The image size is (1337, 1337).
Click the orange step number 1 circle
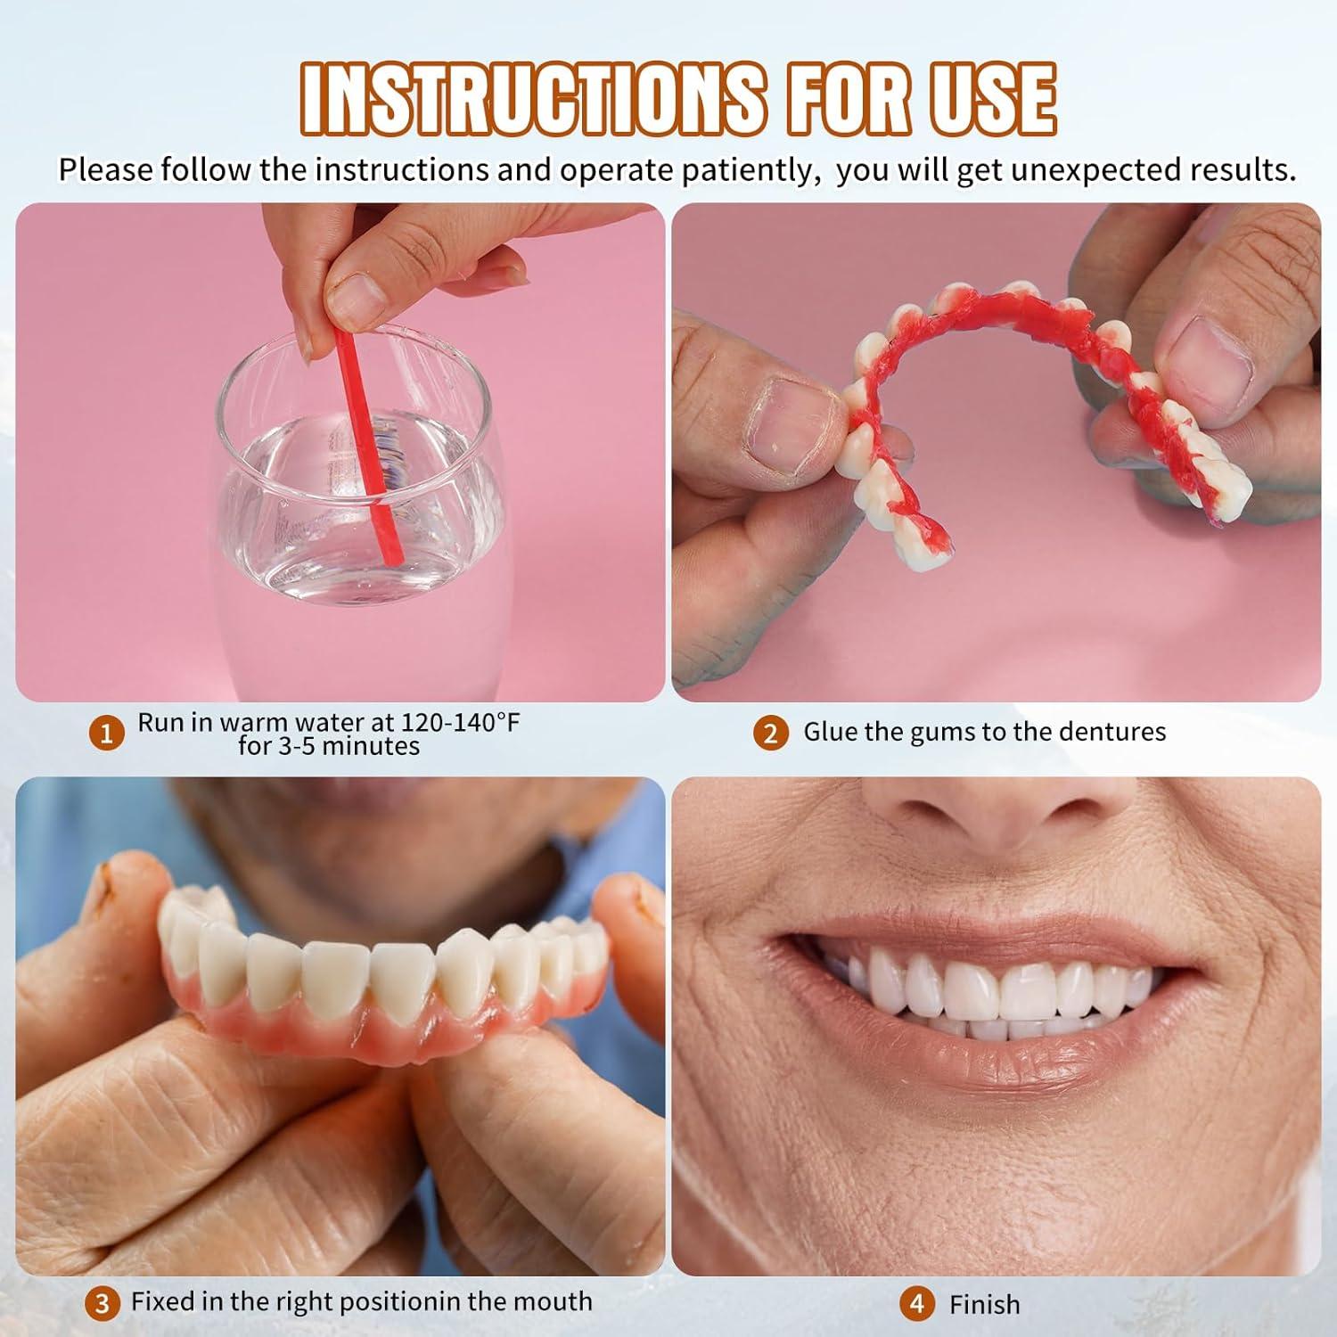pyautogui.click(x=107, y=734)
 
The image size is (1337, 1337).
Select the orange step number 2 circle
pyautogui.click(x=771, y=734)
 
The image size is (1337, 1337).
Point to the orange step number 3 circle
pyautogui.click(x=103, y=1304)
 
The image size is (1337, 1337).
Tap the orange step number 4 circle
pyautogui.click(x=917, y=1304)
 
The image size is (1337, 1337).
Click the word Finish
pyautogui.click(x=984, y=1305)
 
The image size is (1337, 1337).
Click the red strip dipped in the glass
pyautogui.click(x=368, y=446)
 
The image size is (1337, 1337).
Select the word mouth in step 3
pyautogui.click(x=554, y=1301)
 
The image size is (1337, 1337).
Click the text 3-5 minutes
pyautogui.click(x=328, y=746)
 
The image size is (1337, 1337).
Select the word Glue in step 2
pyautogui.click(x=830, y=732)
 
